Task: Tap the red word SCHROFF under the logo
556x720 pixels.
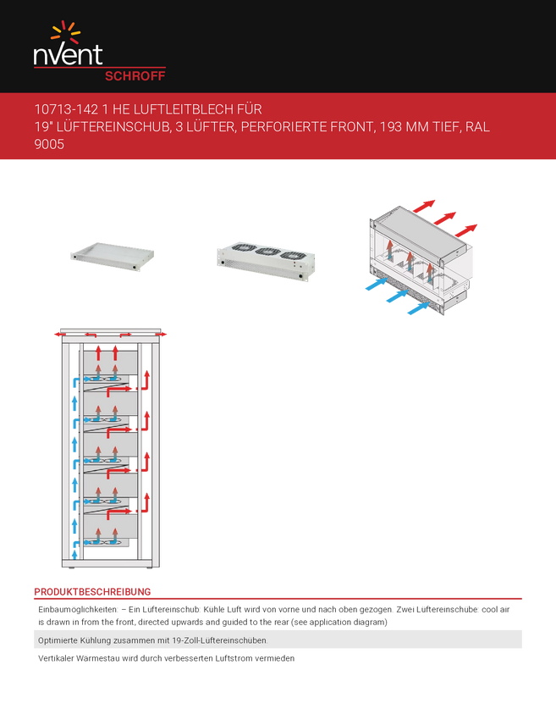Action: point(134,75)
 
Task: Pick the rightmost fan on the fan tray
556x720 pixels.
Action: point(294,255)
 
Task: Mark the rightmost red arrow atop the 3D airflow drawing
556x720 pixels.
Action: point(466,229)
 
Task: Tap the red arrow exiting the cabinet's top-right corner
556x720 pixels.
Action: point(166,334)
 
